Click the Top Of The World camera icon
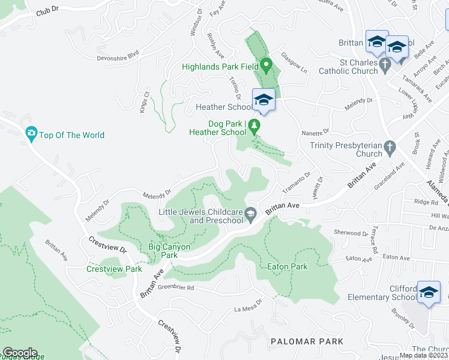(x=31, y=134)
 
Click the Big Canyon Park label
(x=169, y=251)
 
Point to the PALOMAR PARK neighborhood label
(x=307, y=341)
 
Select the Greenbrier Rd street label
(x=176, y=287)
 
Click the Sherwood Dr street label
(x=351, y=233)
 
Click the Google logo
(x=20, y=353)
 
